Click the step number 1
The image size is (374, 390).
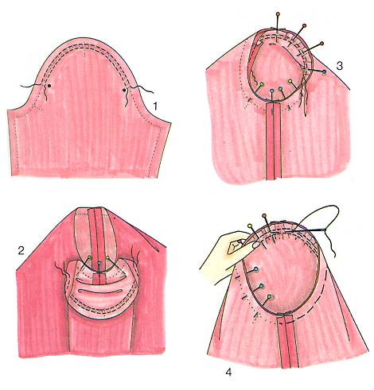coord(155,106)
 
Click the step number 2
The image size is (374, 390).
coord(21,250)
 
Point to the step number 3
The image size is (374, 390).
coord(339,66)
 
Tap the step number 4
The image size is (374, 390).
coord(228,373)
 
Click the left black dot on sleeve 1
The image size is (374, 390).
coord(49,86)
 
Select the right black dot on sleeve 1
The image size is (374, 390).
coord(124,91)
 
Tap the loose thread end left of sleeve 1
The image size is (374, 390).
coord(21,86)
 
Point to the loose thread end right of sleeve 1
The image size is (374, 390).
coord(152,92)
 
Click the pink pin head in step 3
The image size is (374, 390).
coord(304,25)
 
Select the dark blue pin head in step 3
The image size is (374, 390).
coord(324,71)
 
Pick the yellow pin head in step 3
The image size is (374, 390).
coord(290,81)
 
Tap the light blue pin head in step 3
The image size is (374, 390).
coord(271,91)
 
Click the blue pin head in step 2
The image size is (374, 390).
coord(99,263)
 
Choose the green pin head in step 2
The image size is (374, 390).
coord(89,257)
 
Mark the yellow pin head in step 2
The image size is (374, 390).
coord(107,257)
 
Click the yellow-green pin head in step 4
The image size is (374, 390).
coord(249,226)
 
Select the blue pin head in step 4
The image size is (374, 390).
coord(255,269)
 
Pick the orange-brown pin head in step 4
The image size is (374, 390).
coord(264,215)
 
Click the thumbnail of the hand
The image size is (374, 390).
coord(256,245)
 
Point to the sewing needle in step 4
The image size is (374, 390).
coord(309,230)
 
